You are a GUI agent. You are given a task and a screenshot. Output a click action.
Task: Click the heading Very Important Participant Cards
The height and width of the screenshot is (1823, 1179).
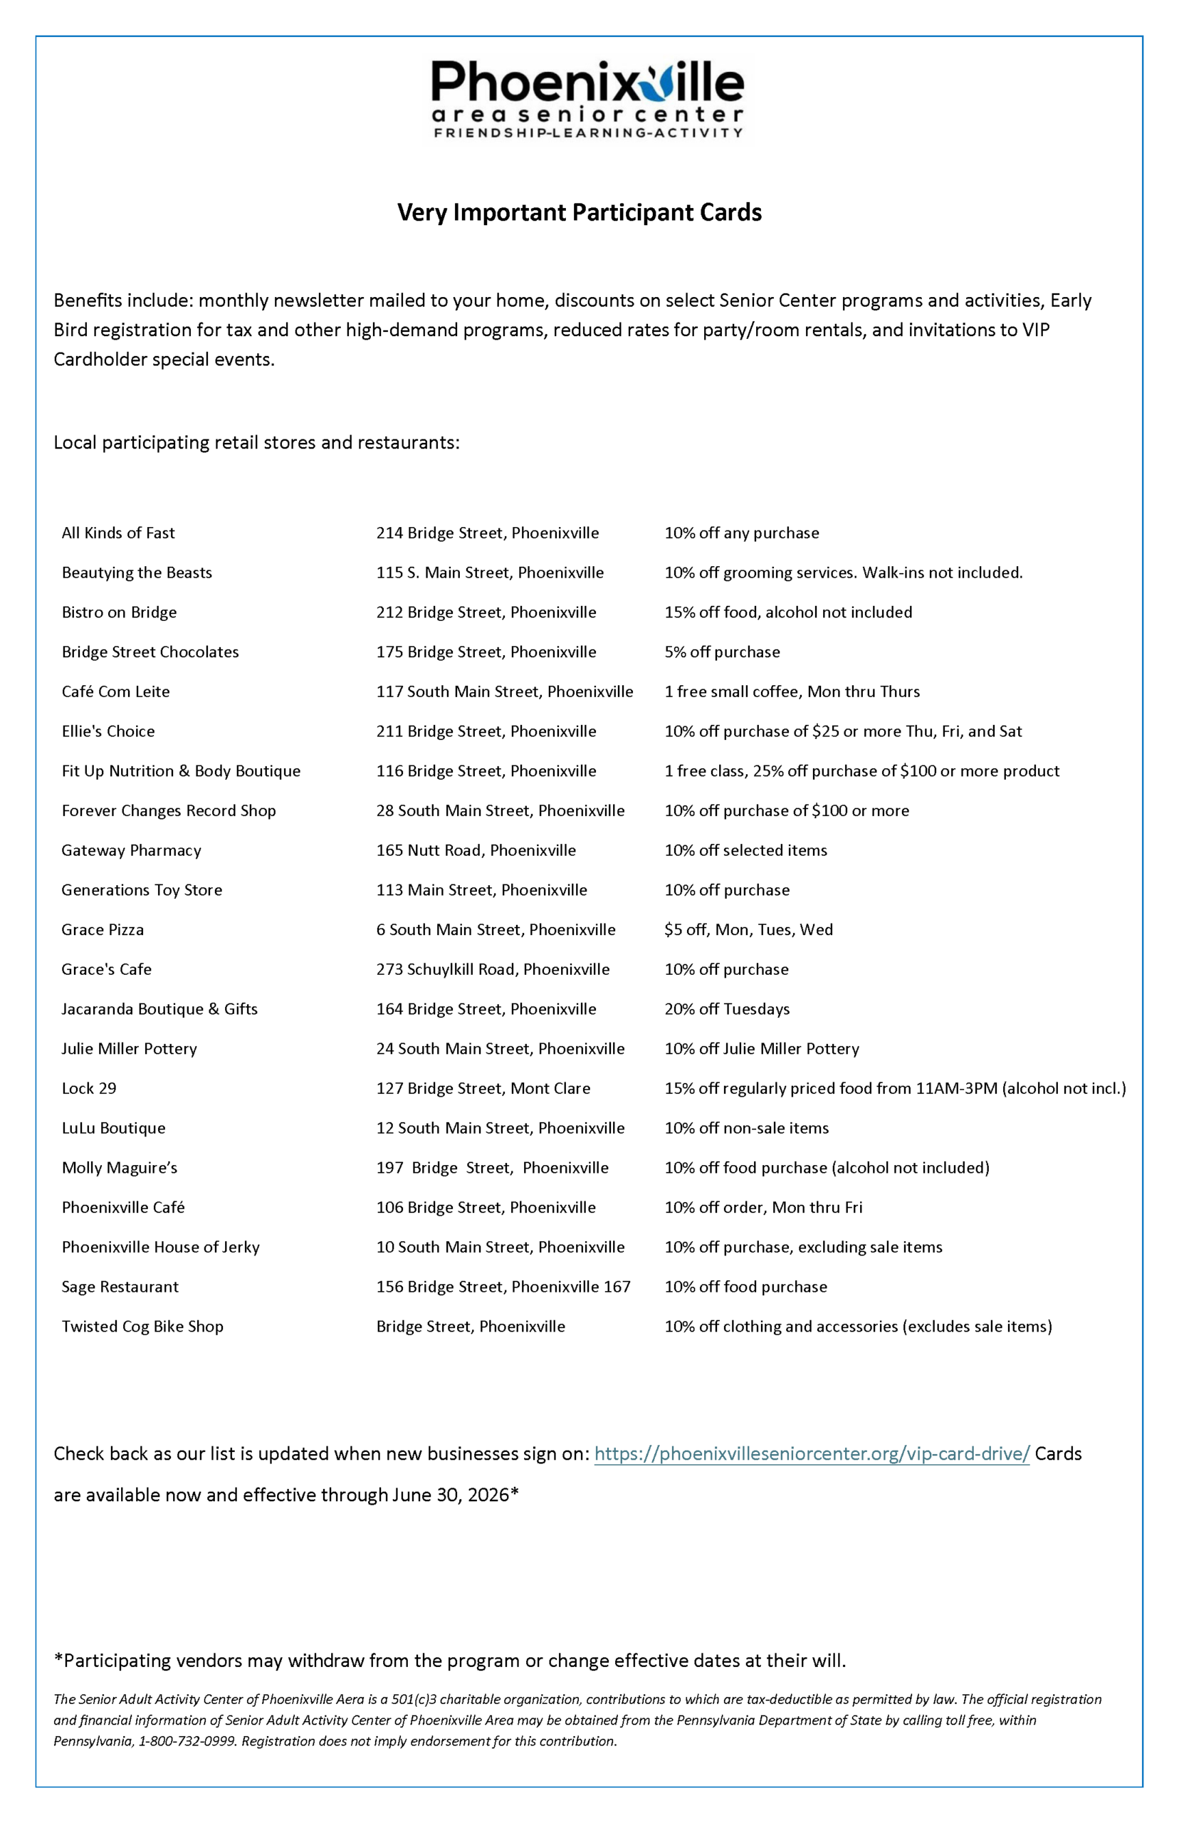pyautogui.click(x=579, y=212)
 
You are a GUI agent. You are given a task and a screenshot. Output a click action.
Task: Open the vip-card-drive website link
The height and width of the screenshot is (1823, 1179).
pyautogui.click(x=812, y=1453)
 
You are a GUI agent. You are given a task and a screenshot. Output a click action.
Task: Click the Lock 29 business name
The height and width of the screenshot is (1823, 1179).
pyautogui.click(x=89, y=1088)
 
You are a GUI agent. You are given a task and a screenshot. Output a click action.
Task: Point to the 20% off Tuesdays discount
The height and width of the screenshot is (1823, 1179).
pyautogui.click(x=726, y=1008)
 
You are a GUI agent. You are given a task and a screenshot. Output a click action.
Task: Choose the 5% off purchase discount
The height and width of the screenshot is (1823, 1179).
pyautogui.click(x=722, y=652)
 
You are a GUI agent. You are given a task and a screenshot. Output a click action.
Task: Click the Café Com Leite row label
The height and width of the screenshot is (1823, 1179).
pyautogui.click(x=115, y=691)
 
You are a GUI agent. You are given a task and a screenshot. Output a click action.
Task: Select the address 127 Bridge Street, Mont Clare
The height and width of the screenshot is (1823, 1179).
pyautogui.click(x=483, y=1088)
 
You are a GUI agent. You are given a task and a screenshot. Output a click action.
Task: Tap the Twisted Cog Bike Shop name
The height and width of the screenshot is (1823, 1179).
pyautogui.click(x=142, y=1326)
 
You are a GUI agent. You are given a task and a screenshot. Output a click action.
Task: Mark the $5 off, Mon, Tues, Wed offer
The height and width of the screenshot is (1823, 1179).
pyautogui.click(x=748, y=929)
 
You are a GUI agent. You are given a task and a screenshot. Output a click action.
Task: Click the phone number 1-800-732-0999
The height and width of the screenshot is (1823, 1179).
pyautogui.click(x=187, y=1740)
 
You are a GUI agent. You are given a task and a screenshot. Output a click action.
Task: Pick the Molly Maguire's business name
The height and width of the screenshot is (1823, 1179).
pyautogui.click(x=120, y=1168)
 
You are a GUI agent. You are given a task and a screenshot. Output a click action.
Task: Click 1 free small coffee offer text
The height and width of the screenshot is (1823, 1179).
pyautogui.click(x=792, y=691)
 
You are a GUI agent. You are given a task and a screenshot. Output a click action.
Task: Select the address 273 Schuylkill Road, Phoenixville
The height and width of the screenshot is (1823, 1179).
pyautogui.click(x=492, y=969)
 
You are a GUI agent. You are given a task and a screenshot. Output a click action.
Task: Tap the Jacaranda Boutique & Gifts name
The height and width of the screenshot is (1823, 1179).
pyautogui.click(x=159, y=1008)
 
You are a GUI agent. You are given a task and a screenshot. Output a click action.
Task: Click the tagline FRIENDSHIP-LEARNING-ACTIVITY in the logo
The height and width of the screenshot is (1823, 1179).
pyautogui.click(x=587, y=132)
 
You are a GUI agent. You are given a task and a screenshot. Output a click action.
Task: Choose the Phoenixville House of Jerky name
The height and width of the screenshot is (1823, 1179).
pyautogui.click(x=161, y=1246)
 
